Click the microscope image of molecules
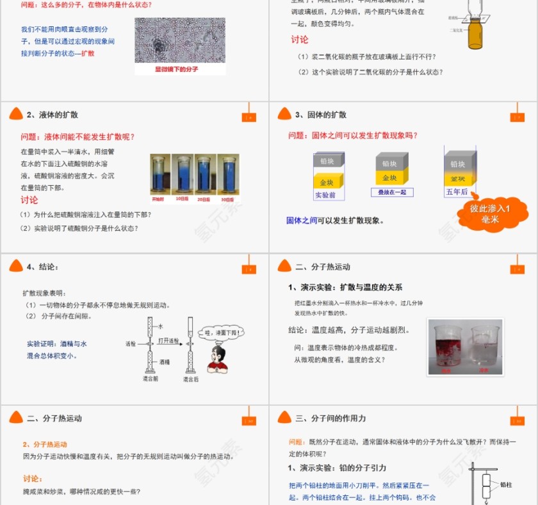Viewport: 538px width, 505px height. tap(180, 40)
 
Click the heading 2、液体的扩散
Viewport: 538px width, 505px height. tap(53, 115)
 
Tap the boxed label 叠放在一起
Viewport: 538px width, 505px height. tap(392, 192)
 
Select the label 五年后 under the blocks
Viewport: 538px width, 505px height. tap(457, 192)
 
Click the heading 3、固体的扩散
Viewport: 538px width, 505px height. tap(321, 115)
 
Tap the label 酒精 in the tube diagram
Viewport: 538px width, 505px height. tap(165, 362)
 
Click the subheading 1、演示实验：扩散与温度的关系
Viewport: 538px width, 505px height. tap(345, 288)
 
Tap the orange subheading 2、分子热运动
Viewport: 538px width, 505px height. tap(45, 444)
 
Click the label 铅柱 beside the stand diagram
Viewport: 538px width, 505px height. tap(506, 485)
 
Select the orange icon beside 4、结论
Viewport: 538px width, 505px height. tap(16, 266)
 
